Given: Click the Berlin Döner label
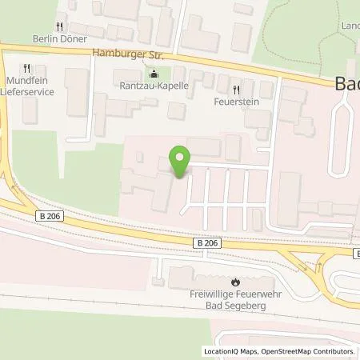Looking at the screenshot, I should pos(58,38).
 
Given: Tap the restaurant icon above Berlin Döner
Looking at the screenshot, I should pos(58,26).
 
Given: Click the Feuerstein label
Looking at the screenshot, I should pos(235,102).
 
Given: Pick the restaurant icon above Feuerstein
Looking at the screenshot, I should pos(235,90).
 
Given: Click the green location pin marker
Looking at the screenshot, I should pos(181,162).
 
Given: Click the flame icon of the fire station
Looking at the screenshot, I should pos(236,282).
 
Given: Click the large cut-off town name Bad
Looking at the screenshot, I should pos(345,84).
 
